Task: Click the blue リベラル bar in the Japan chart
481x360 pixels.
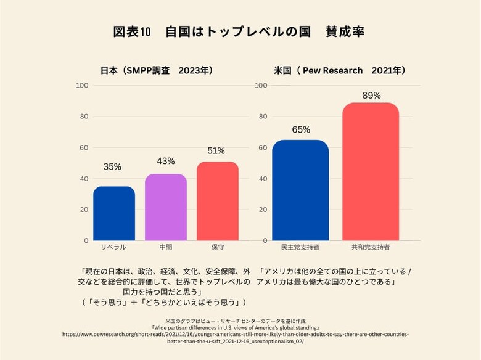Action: (x=114, y=213)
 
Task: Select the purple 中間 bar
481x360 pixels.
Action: (x=166, y=207)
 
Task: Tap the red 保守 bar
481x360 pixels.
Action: (x=218, y=201)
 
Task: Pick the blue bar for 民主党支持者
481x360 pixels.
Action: (x=300, y=190)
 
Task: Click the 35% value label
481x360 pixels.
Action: (x=112, y=166)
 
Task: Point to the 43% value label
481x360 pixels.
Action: (x=166, y=161)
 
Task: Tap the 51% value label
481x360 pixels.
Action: (x=216, y=150)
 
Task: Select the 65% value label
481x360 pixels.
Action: (x=301, y=129)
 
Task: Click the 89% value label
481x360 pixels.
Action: (x=371, y=96)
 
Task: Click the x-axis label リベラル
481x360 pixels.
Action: (x=113, y=247)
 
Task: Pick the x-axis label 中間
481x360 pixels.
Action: (x=166, y=247)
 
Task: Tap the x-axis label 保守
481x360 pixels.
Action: (x=217, y=247)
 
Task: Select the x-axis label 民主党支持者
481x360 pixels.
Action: (x=300, y=247)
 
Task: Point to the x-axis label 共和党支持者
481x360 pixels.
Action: (x=371, y=247)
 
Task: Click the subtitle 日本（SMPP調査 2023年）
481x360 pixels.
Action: (x=157, y=71)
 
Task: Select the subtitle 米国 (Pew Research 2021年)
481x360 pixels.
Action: (x=340, y=71)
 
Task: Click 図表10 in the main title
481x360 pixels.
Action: (x=132, y=31)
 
